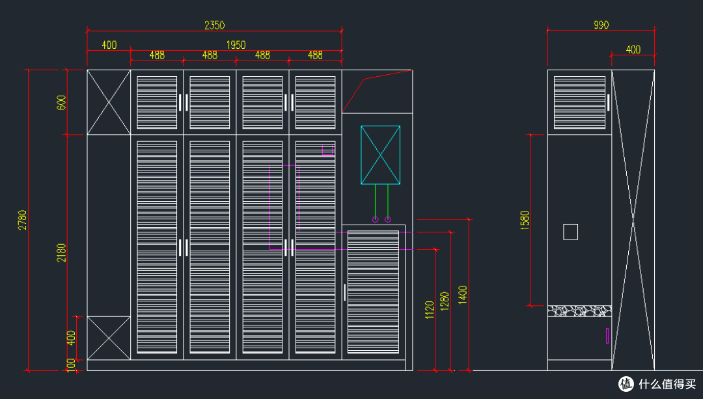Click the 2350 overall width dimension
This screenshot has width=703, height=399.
click(214, 25)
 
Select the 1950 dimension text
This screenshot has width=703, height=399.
click(236, 45)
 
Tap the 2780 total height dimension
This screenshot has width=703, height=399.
click(22, 220)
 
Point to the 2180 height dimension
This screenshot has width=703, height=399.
click(61, 253)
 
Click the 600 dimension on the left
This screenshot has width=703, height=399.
click(61, 103)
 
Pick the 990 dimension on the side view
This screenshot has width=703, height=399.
click(601, 25)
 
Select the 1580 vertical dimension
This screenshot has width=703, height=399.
click(525, 220)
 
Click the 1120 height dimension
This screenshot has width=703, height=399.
click(430, 310)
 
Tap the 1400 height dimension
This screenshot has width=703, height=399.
click(463, 295)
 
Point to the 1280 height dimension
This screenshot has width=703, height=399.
click(445, 301)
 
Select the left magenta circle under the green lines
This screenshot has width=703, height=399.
click(376, 219)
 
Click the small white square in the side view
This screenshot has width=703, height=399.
click(570, 232)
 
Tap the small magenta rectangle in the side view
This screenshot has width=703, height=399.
click(607, 336)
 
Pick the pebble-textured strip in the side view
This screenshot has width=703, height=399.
click(579, 311)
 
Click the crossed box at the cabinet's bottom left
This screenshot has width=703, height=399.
click(109, 338)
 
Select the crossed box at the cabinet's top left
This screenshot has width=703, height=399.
click(109, 102)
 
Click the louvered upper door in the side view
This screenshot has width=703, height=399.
click(579, 102)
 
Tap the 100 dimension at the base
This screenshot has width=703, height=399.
click(71, 365)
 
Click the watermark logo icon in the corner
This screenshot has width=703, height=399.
click(626, 384)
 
